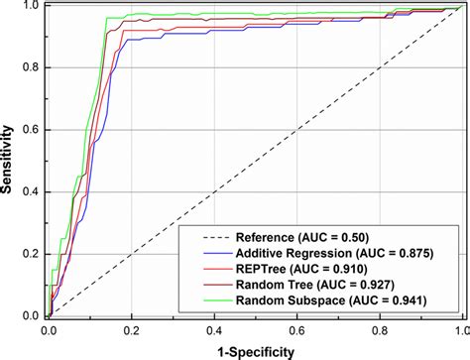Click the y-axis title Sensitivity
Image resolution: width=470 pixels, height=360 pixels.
point(10,162)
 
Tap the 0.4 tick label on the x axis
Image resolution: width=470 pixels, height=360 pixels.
point(213,326)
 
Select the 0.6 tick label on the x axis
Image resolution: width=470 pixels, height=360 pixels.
point(295,326)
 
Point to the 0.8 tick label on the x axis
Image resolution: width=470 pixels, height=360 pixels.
point(378,326)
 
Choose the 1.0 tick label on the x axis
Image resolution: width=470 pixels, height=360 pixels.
point(459,326)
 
